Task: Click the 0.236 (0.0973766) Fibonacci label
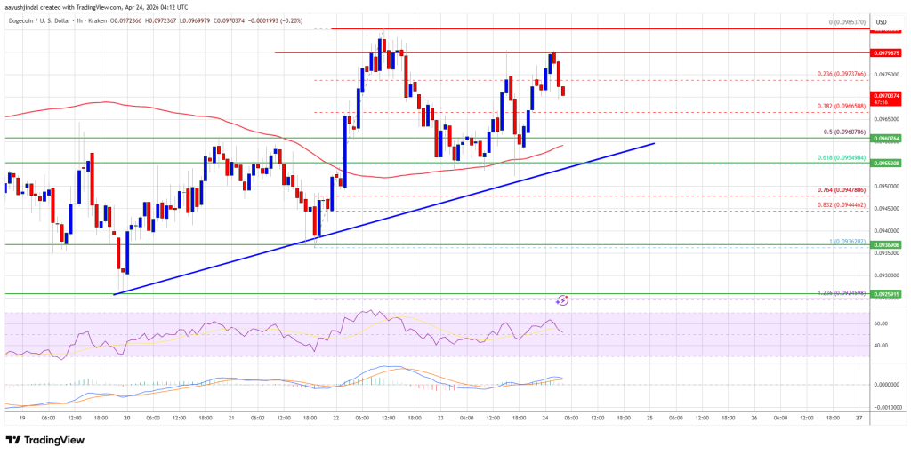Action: (839, 75)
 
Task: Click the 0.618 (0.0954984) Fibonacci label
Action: (839, 157)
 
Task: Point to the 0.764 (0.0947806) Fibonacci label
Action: (839, 189)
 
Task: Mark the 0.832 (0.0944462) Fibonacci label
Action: (839, 204)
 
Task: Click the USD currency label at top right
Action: (882, 22)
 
